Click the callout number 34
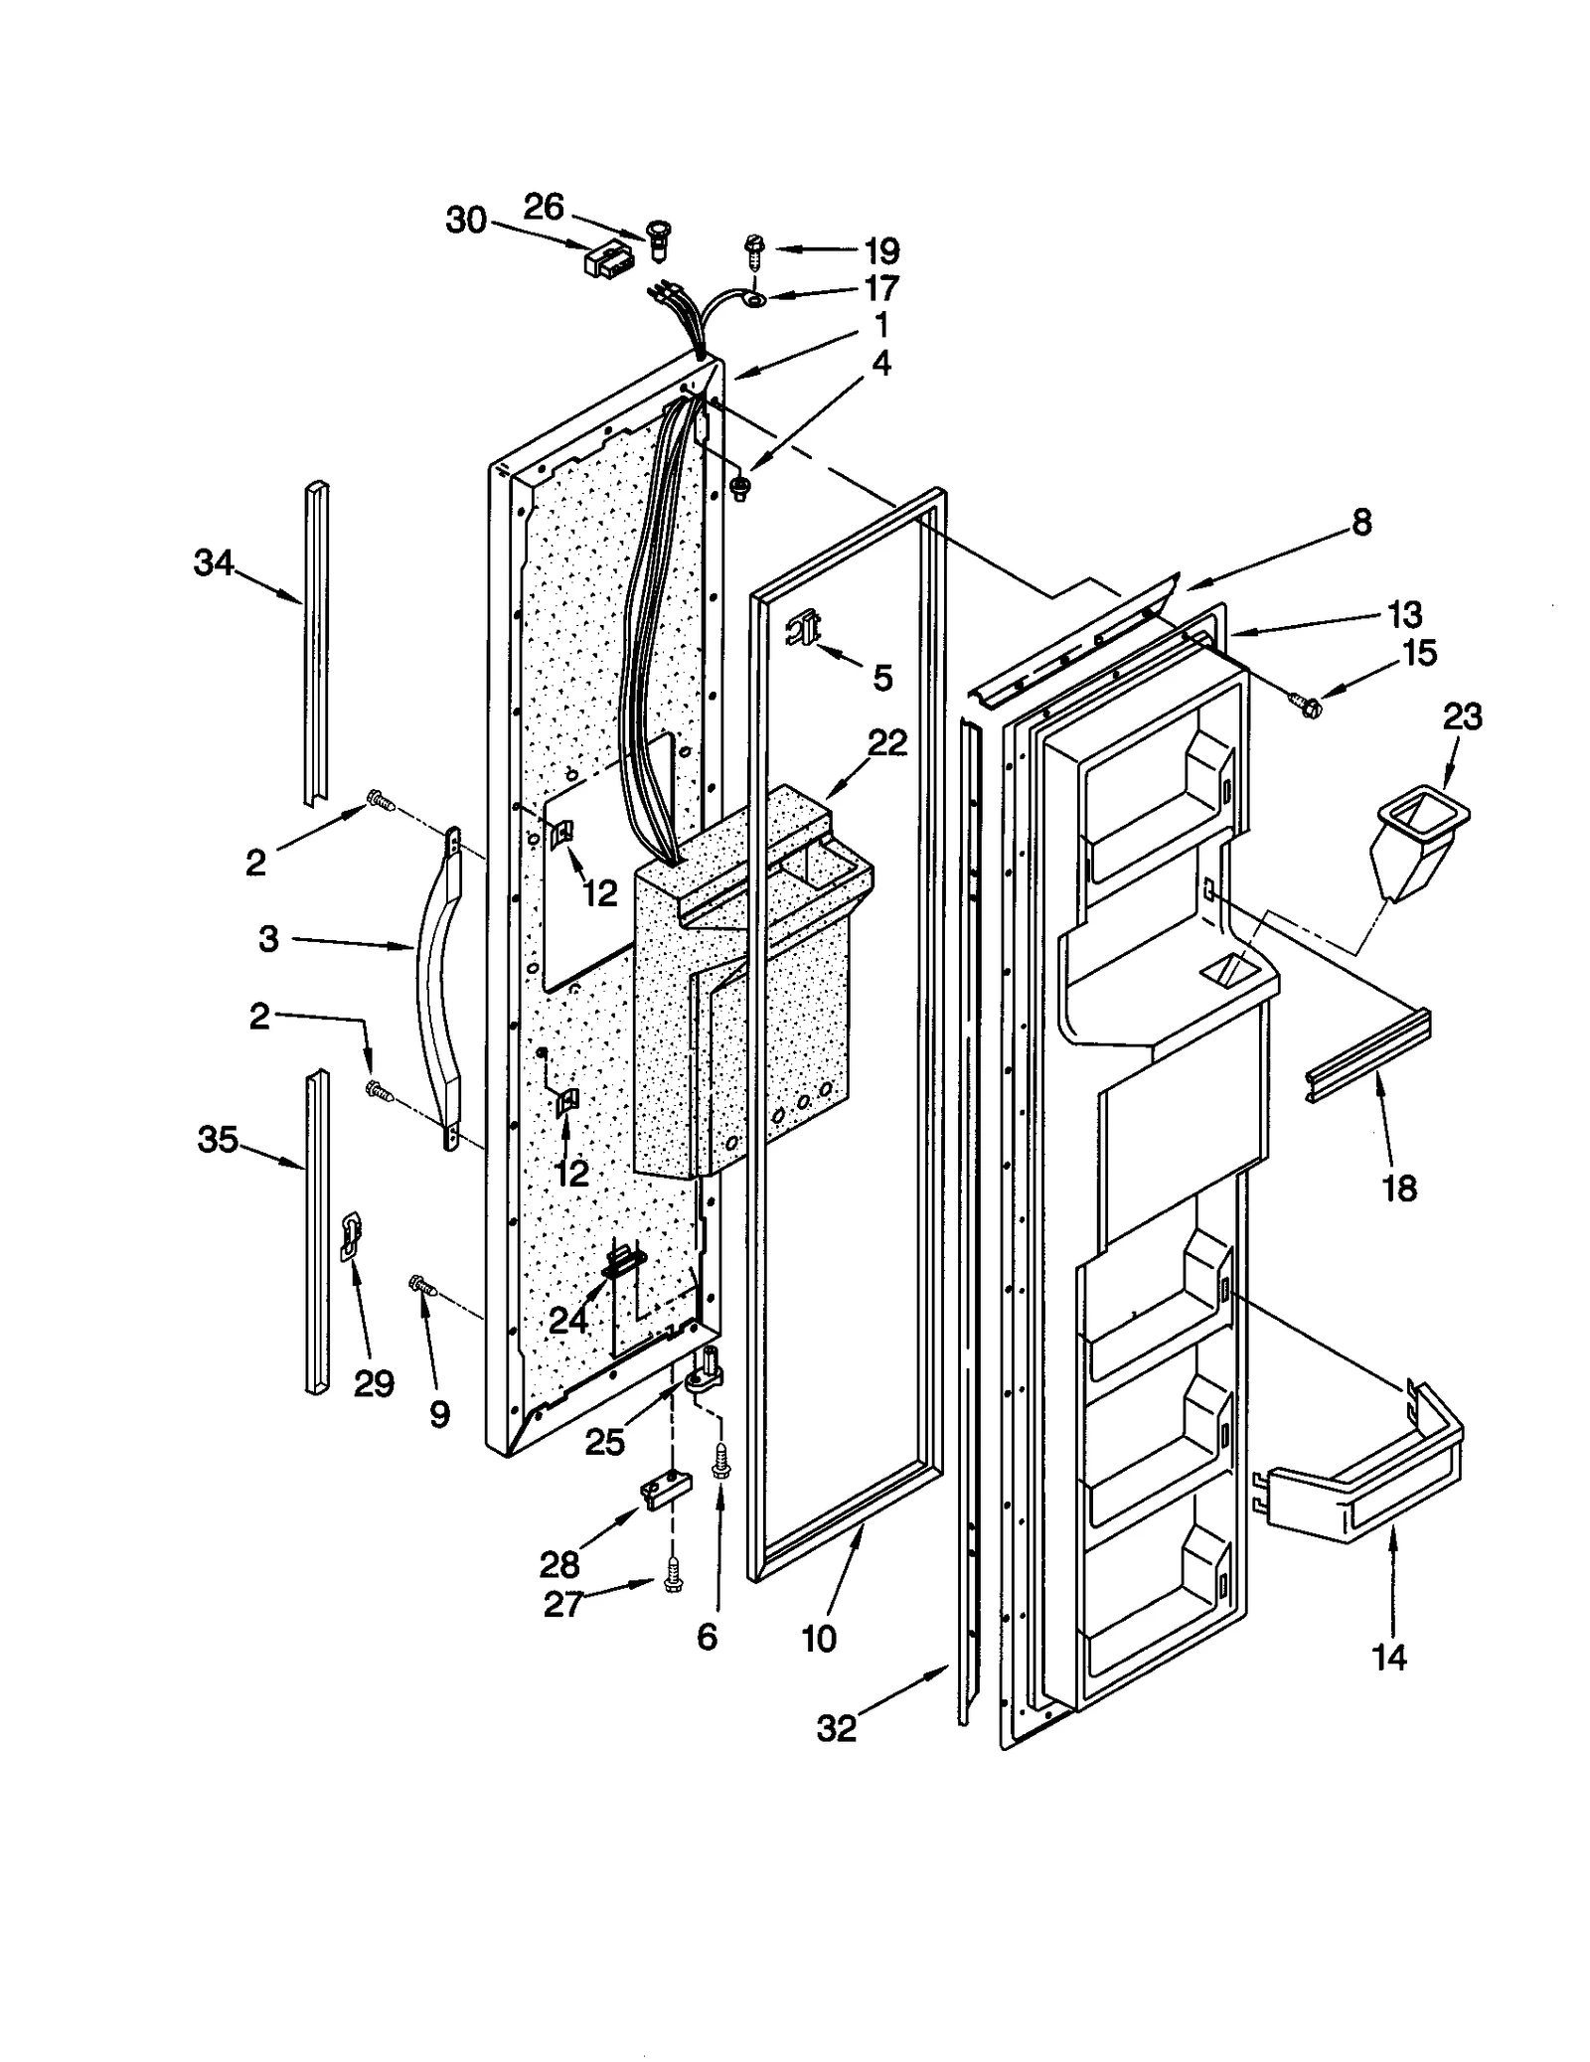click(214, 563)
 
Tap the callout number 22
click(887, 742)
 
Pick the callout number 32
click(836, 1728)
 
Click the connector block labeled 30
click(606, 260)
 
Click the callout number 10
click(819, 1639)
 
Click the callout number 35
click(218, 1140)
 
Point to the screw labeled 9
click(422, 1287)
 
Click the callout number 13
click(1405, 615)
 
